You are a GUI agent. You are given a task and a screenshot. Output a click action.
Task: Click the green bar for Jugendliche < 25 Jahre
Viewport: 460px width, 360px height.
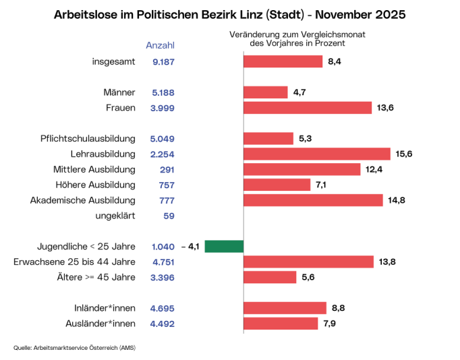224,247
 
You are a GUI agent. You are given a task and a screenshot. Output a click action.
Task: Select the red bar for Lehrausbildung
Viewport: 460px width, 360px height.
316,154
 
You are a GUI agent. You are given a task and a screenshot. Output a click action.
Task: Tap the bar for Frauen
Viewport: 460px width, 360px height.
307,108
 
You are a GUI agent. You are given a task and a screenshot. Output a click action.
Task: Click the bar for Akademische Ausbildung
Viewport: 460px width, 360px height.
314,200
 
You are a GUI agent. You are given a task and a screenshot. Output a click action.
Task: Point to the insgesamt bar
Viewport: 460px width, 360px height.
283,61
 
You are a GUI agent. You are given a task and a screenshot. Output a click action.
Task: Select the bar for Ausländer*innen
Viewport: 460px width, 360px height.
280,324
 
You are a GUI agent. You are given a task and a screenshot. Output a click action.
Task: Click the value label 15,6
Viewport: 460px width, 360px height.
404,154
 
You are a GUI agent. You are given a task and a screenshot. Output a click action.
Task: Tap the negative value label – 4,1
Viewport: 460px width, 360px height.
191,247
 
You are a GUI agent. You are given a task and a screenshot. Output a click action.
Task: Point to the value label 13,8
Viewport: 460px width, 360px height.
387,262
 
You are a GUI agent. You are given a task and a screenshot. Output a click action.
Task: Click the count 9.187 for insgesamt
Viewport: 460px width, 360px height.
163,61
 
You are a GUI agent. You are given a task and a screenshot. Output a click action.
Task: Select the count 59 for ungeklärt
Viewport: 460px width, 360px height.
169,216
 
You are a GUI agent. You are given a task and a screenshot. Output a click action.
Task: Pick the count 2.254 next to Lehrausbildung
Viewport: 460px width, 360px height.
163,154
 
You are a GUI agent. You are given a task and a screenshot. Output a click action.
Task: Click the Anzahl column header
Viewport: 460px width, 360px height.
161,45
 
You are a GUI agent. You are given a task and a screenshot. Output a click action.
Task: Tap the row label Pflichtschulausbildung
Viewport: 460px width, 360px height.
88,139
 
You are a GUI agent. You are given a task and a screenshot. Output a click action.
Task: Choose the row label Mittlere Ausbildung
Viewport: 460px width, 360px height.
94,169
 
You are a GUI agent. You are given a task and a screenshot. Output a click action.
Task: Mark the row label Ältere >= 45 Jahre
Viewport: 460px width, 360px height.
96,277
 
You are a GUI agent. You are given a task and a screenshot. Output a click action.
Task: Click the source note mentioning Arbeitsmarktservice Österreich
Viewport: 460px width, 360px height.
78,348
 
